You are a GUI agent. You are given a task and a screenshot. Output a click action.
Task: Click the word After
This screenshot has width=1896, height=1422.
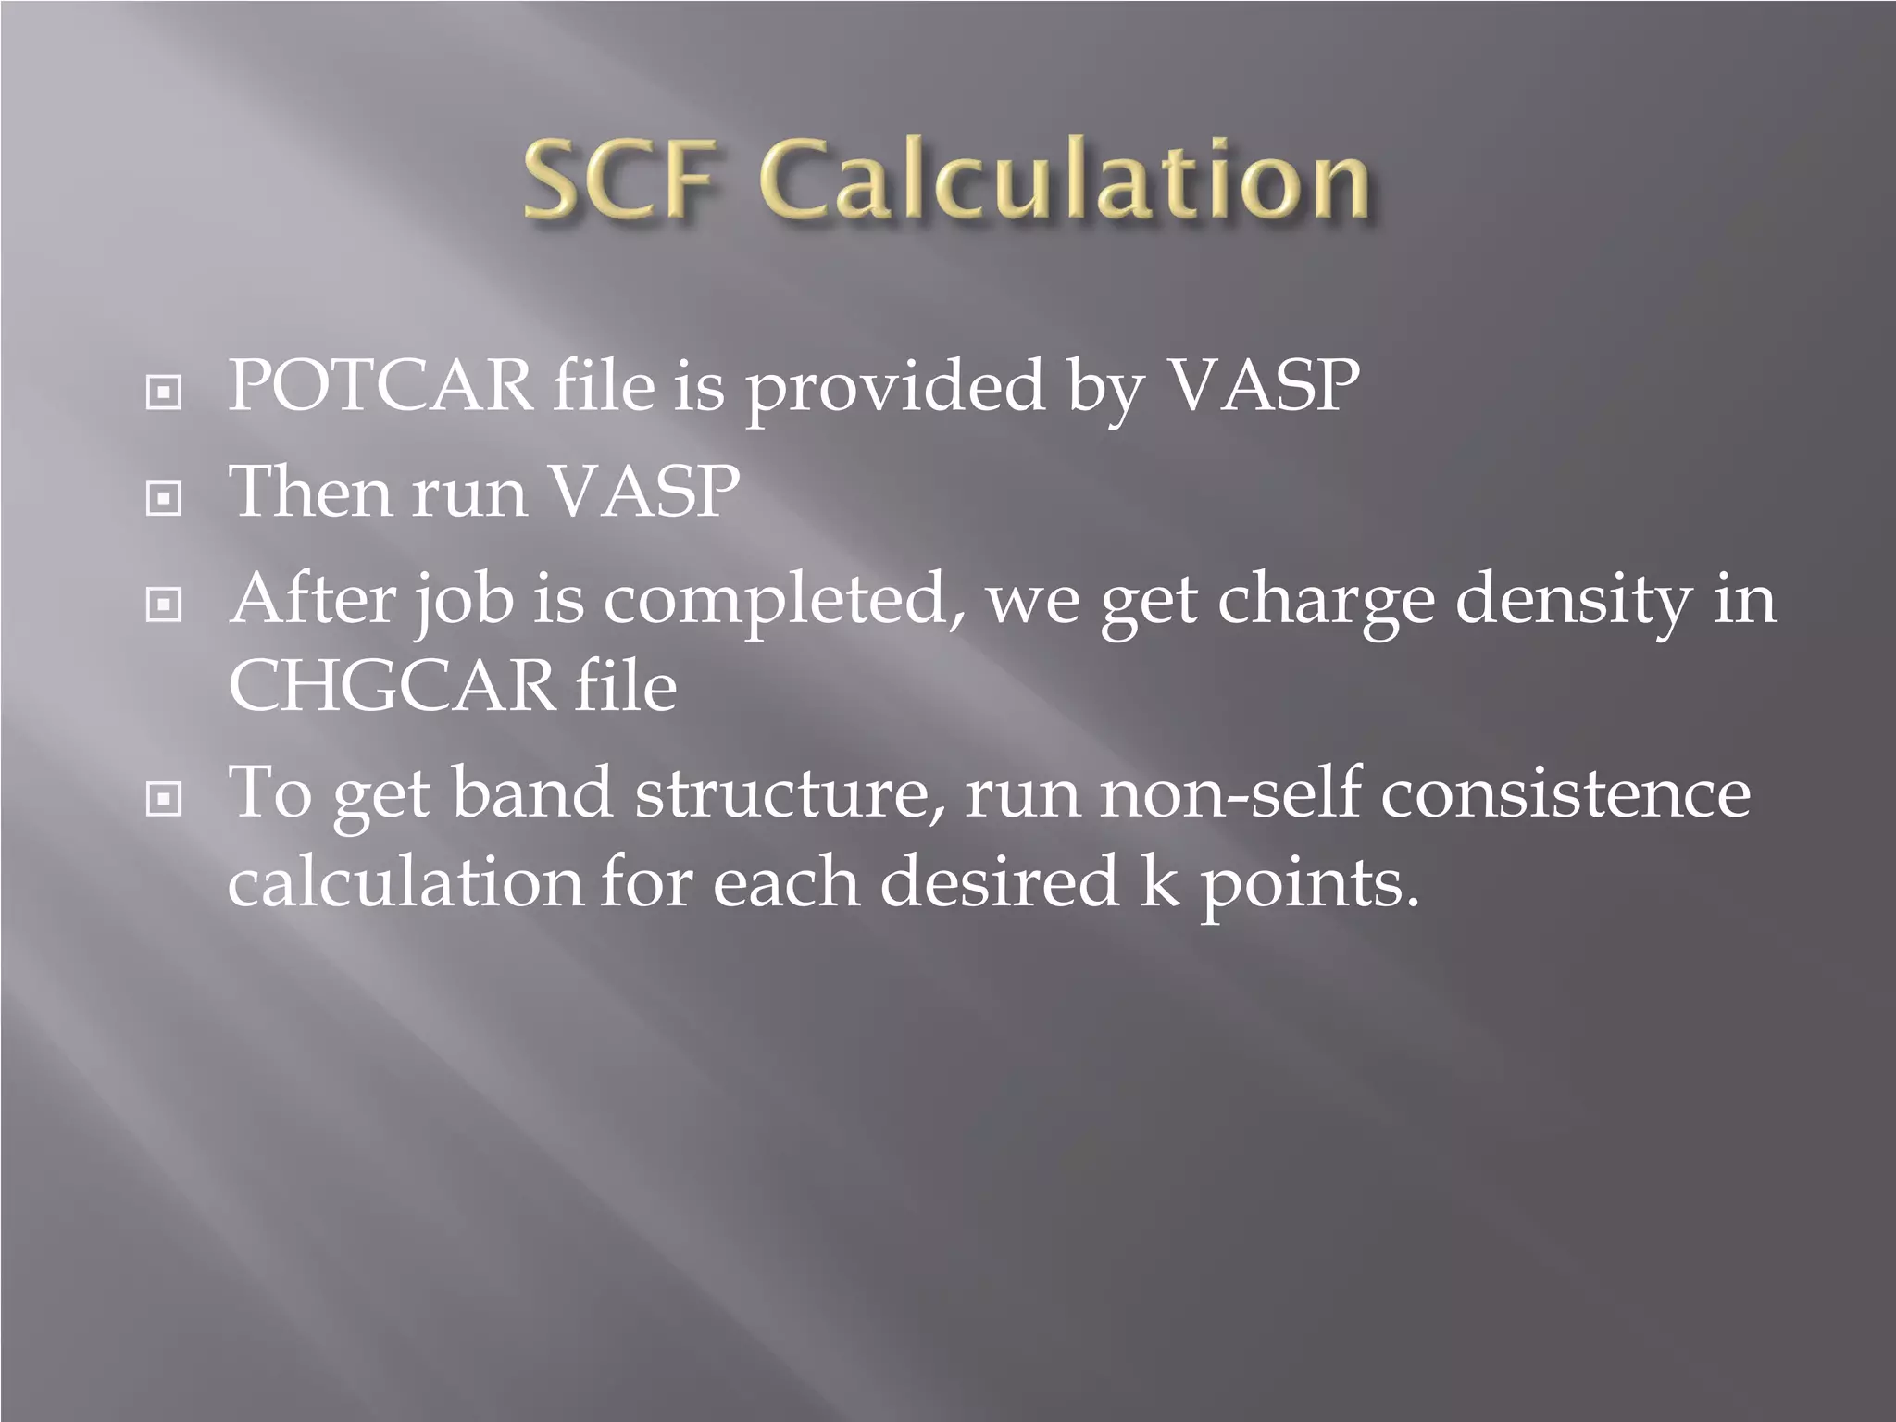point(312,599)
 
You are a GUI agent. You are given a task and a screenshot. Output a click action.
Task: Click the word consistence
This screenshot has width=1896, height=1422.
point(1565,793)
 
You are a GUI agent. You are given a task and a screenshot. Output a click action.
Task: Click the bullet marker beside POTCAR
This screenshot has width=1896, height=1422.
point(164,393)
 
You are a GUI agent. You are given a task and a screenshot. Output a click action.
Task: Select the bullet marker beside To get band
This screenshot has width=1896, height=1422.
point(164,798)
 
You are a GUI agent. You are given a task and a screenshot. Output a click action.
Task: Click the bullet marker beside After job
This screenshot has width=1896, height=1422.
point(164,606)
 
